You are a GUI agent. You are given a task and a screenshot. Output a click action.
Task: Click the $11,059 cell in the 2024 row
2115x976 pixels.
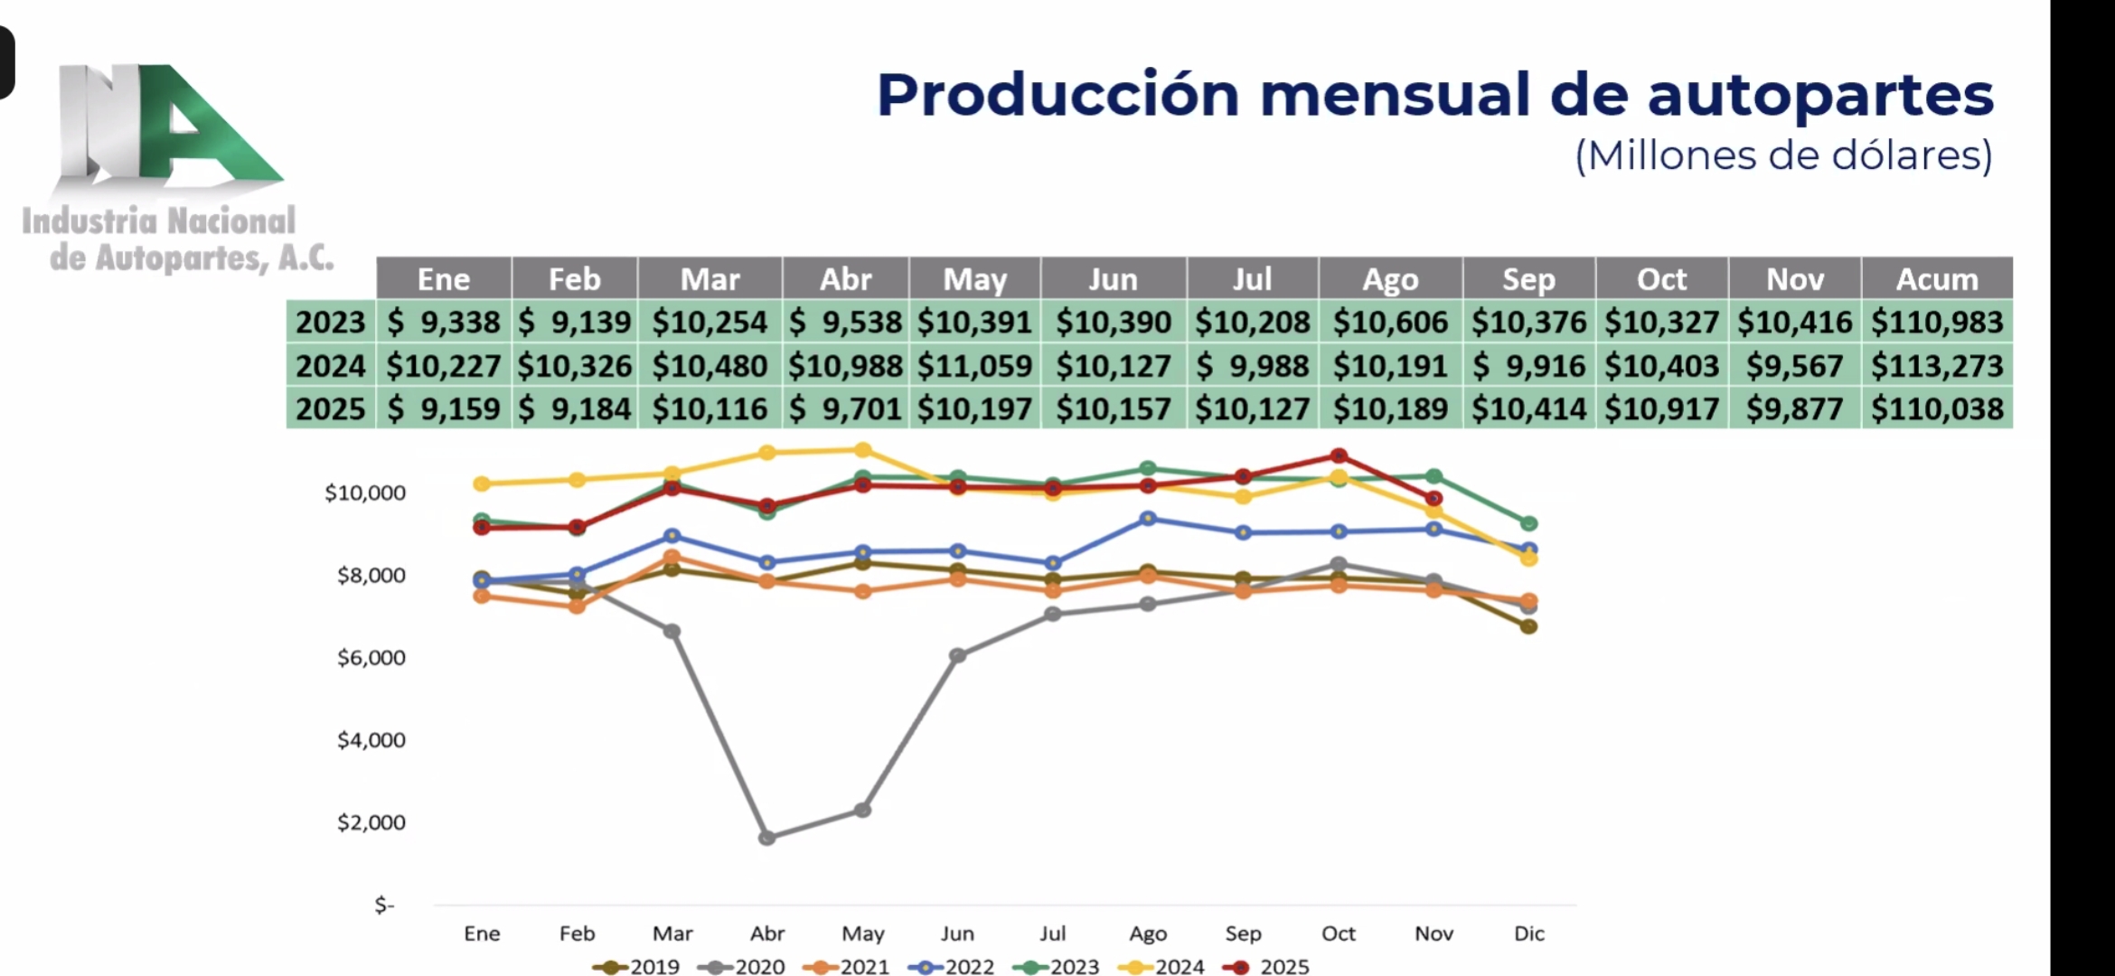pos(974,366)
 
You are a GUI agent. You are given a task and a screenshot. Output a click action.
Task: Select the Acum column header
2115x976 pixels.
pos(1936,279)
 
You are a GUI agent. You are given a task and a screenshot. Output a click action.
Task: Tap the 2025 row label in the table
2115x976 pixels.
pos(331,409)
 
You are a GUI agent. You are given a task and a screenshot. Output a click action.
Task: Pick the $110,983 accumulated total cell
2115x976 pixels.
pos(1936,323)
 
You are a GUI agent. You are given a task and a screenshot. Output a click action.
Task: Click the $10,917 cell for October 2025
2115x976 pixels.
pos(1661,409)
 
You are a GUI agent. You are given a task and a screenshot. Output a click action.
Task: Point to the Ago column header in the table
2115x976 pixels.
pos(1390,279)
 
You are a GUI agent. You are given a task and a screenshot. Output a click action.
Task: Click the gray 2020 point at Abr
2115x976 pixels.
pos(767,838)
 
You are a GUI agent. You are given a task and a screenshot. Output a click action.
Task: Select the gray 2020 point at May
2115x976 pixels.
pos(863,810)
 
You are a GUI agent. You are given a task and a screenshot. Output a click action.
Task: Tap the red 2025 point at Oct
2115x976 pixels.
pos(1339,455)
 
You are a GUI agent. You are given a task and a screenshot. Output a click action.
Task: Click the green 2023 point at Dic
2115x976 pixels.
pos(1528,523)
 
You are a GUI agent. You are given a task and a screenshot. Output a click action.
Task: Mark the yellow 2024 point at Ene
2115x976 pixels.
pos(482,483)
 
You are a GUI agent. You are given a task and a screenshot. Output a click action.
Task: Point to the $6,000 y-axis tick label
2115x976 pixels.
pos(371,658)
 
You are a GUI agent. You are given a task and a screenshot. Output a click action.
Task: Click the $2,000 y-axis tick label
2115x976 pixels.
pos(371,822)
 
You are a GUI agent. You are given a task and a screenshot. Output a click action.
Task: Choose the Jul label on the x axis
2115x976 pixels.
pos(1052,934)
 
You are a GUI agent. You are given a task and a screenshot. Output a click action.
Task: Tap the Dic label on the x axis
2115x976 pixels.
pos(1528,934)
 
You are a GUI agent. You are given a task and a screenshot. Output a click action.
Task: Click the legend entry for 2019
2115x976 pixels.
pos(636,967)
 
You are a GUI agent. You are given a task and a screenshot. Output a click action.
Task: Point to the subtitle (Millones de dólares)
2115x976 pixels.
pos(1783,156)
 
